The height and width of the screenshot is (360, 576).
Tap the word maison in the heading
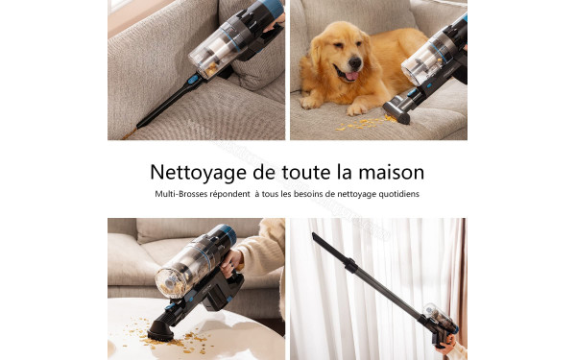pyautogui.click(x=388, y=173)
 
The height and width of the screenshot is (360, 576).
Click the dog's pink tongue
pyautogui.click(x=350, y=75)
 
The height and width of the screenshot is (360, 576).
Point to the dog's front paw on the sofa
pyautogui.click(x=311, y=100)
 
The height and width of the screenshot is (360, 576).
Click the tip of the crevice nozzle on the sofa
pyautogui.click(x=140, y=125)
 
